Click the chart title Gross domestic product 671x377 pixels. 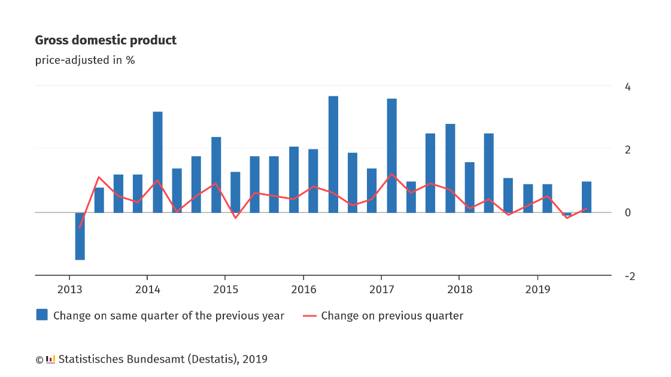pyautogui.click(x=106, y=40)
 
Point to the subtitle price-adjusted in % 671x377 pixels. pyautogui.click(x=85, y=60)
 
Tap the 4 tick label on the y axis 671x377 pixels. pyautogui.click(x=627, y=87)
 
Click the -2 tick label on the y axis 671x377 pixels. pyautogui.click(x=630, y=276)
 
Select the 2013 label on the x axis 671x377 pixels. pyautogui.click(x=70, y=290)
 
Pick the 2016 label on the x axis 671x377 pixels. pyautogui.click(x=304, y=290)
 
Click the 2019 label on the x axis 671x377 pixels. pyautogui.click(x=538, y=290)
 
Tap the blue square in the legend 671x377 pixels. pyautogui.click(x=42, y=315)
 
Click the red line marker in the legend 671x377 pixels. pyautogui.click(x=309, y=316)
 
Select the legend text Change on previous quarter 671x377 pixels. pyautogui.click(x=392, y=316)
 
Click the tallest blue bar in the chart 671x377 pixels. pyautogui.click(x=333, y=154)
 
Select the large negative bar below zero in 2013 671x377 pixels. pyautogui.click(x=80, y=236)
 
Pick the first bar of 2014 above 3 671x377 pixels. pyautogui.click(x=157, y=162)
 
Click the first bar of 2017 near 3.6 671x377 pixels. pyautogui.click(x=391, y=156)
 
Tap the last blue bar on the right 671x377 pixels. pyautogui.click(x=586, y=197)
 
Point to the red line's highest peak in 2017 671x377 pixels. pyautogui.click(x=391, y=174)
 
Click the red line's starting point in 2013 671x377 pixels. pyautogui.click(x=80, y=227)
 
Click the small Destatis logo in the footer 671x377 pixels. pyautogui.click(x=50, y=360)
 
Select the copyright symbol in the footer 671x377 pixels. pyautogui.click(x=40, y=360)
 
